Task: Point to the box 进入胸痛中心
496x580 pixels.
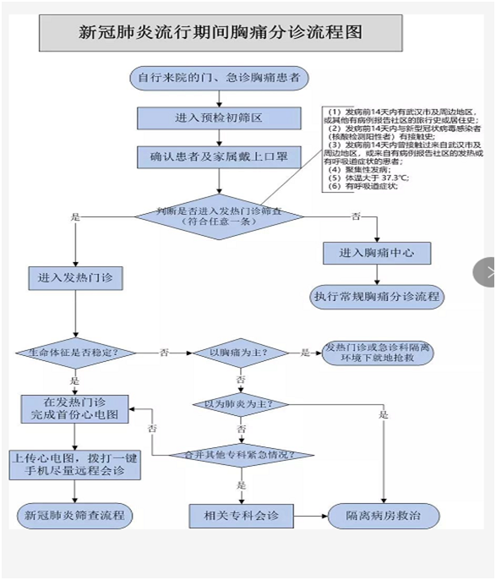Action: [x=377, y=253]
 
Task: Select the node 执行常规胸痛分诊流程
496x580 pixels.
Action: [x=377, y=297]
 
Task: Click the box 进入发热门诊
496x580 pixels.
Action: [x=75, y=276]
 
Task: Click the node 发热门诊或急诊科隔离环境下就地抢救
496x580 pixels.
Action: [x=383, y=353]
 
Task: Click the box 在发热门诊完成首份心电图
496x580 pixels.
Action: [x=74, y=408]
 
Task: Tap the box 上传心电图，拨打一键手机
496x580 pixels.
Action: [x=74, y=464]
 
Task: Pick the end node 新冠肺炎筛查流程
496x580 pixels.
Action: [x=74, y=514]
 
